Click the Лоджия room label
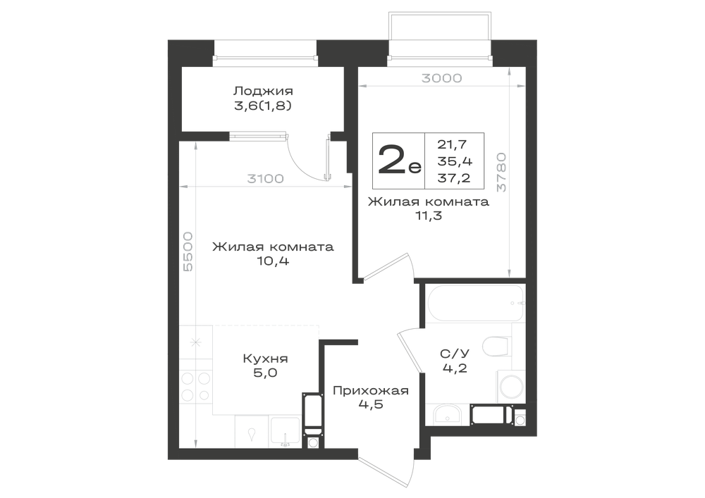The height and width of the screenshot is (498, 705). pos(263,92)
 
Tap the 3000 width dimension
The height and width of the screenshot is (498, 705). pos(441,78)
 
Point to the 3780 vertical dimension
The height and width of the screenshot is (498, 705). pos(501,173)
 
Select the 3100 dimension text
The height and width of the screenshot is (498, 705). pos(265,179)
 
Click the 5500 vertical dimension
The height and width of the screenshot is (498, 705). pos(188,251)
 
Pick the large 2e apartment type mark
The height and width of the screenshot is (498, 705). pos(399,161)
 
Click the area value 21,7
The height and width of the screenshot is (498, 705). pos(453,144)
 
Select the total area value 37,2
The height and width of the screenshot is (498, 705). pos(454,178)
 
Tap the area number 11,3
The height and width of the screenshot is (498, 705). pos(429,216)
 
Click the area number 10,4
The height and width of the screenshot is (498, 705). pos(273,261)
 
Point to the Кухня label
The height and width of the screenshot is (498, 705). pos(265,359)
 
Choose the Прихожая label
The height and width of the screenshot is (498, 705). pos(371,391)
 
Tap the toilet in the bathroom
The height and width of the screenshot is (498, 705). pos(497,347)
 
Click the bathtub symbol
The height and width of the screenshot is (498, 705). pos(474,303)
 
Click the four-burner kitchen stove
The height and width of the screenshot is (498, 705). pos(195,386)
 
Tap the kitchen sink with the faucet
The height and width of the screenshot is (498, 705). pos(285,431)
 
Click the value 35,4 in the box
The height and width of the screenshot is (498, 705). pos(455,161)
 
